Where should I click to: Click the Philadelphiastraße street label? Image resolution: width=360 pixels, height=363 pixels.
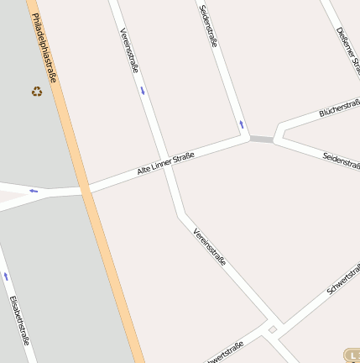pyautogui.click(x=48, y=47)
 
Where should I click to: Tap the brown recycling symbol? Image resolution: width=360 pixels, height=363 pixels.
pyautogui.click(x=37, y=91)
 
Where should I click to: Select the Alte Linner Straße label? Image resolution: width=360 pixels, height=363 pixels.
pyautogui.click(x=166, y=163)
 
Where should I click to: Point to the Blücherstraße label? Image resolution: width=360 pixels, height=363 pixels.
pyautogui.click(x=339, y=112)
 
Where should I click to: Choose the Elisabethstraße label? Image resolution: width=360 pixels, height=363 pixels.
pyautogui.click(x=19, y=319)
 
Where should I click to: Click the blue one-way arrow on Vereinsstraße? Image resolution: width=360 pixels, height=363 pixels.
pyautogui.click(x=143, y=90)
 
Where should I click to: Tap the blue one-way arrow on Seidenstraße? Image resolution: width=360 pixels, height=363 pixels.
pyautogui.click(x=242, y=124)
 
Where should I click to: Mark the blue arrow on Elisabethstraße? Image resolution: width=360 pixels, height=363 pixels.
pyautogui.click(x=6, y=276)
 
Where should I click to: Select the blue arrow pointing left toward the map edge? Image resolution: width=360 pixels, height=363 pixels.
pyautogui.click(x=34, y=191)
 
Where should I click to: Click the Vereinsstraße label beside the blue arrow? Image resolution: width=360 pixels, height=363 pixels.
pyautogui.click(x=129, y=50)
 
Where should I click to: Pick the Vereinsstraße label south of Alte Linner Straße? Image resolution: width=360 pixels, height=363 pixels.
pyautogui.click(x=209, y=247)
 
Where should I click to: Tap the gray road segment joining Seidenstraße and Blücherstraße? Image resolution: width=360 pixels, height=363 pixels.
pyautogui.click(x=261, y=139)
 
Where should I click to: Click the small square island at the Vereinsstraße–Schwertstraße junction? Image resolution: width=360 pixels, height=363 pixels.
pyautogui.click(x=271, y=331)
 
